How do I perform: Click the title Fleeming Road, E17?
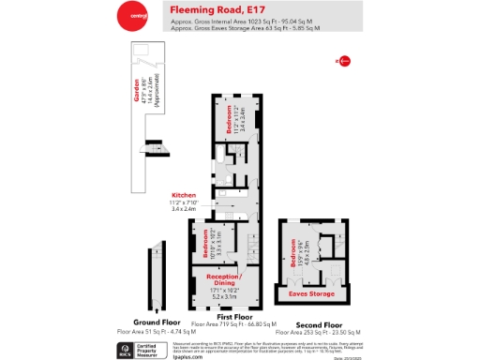(x=213, y=10)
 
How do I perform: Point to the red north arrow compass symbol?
(x=343, y=62)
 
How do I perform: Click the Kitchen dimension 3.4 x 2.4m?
(x=183, y=209)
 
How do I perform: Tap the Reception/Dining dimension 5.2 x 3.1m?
(x=226, y=296)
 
